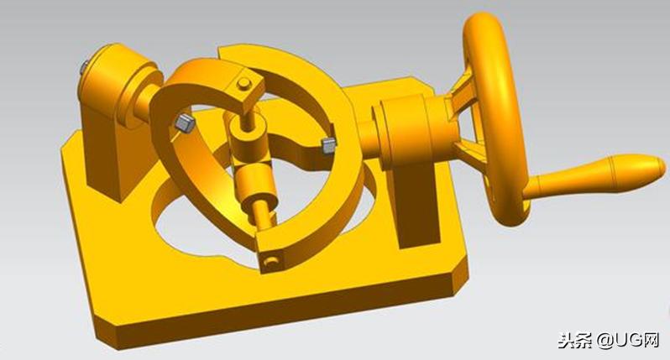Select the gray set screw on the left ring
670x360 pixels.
point(185,123)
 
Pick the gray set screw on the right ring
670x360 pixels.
point(328,146)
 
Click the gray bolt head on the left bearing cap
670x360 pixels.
point(84,67)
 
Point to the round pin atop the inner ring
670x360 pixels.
point(244,83)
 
